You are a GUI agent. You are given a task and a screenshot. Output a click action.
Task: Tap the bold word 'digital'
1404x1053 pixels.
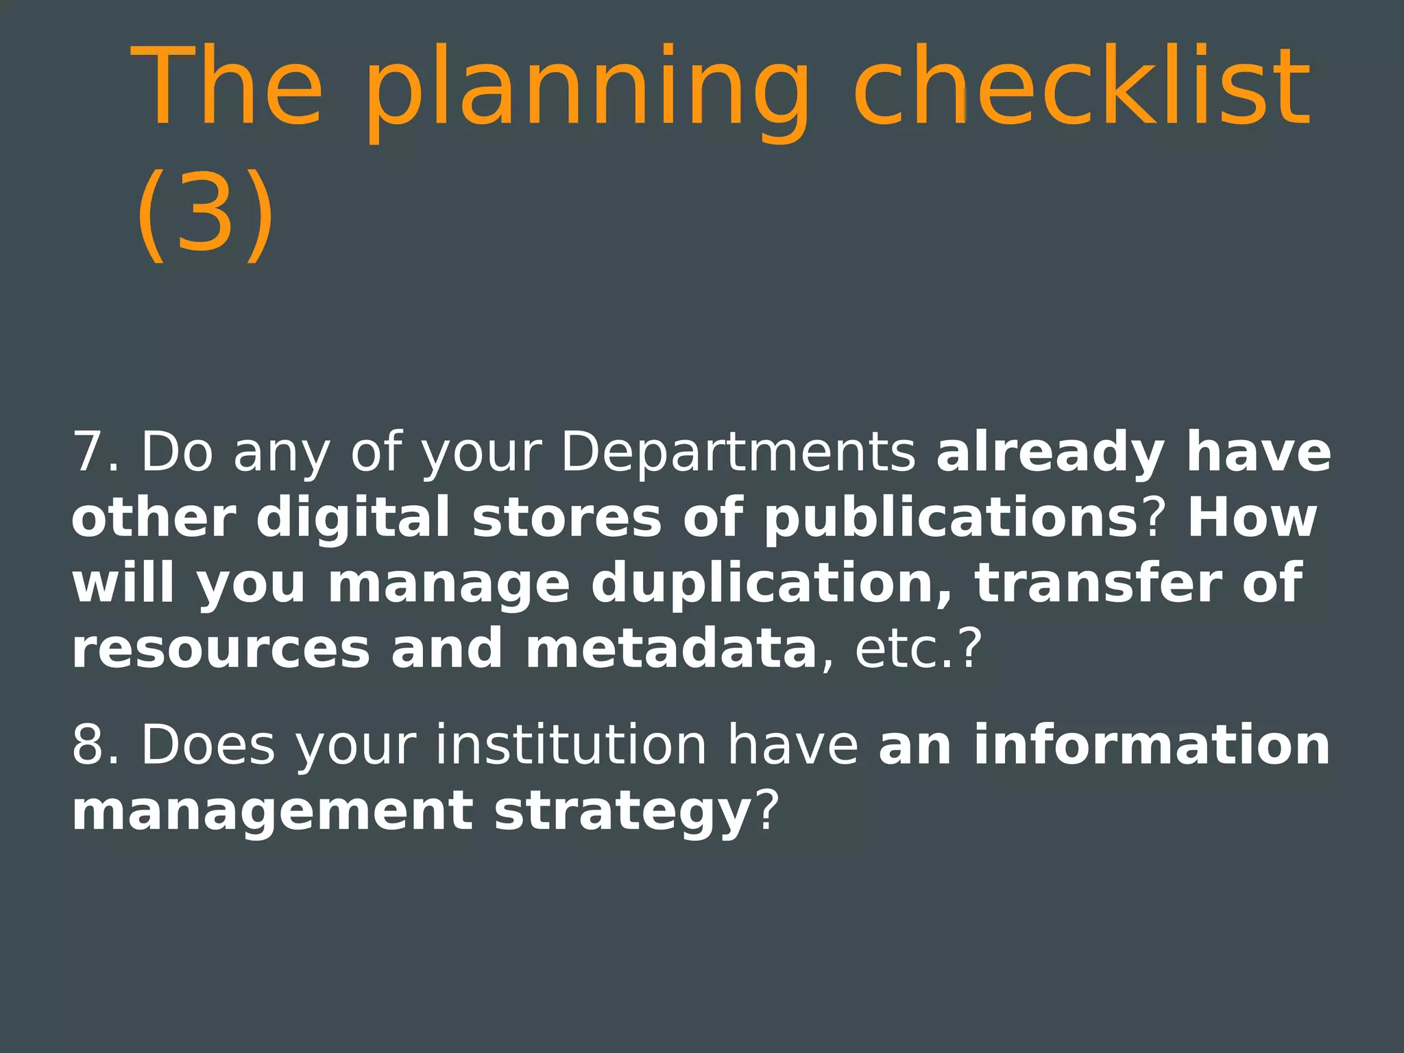click(353, 518)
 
